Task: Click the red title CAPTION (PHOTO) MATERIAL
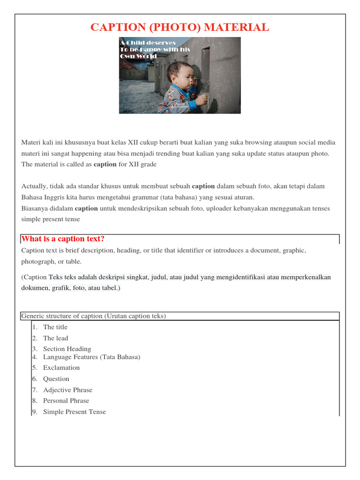coord(180,27)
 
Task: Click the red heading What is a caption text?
coord(63,239)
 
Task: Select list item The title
coord(55,327)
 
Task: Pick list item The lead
coord(55,338)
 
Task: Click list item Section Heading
coord(67,349)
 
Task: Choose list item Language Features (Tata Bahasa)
coord(91,357)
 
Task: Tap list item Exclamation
coord(61,367)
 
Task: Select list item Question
coord(56,379)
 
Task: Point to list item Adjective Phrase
coord(67,390)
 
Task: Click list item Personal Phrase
coord(66,401)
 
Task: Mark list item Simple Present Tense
coord(75,412)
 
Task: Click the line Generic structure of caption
coord(93,316)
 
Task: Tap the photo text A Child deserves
coord(148,43)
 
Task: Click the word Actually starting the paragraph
coord(34,186)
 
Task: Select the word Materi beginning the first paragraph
coord(31,142)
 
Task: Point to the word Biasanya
coord(35,208)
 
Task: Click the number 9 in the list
coord(34,412)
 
